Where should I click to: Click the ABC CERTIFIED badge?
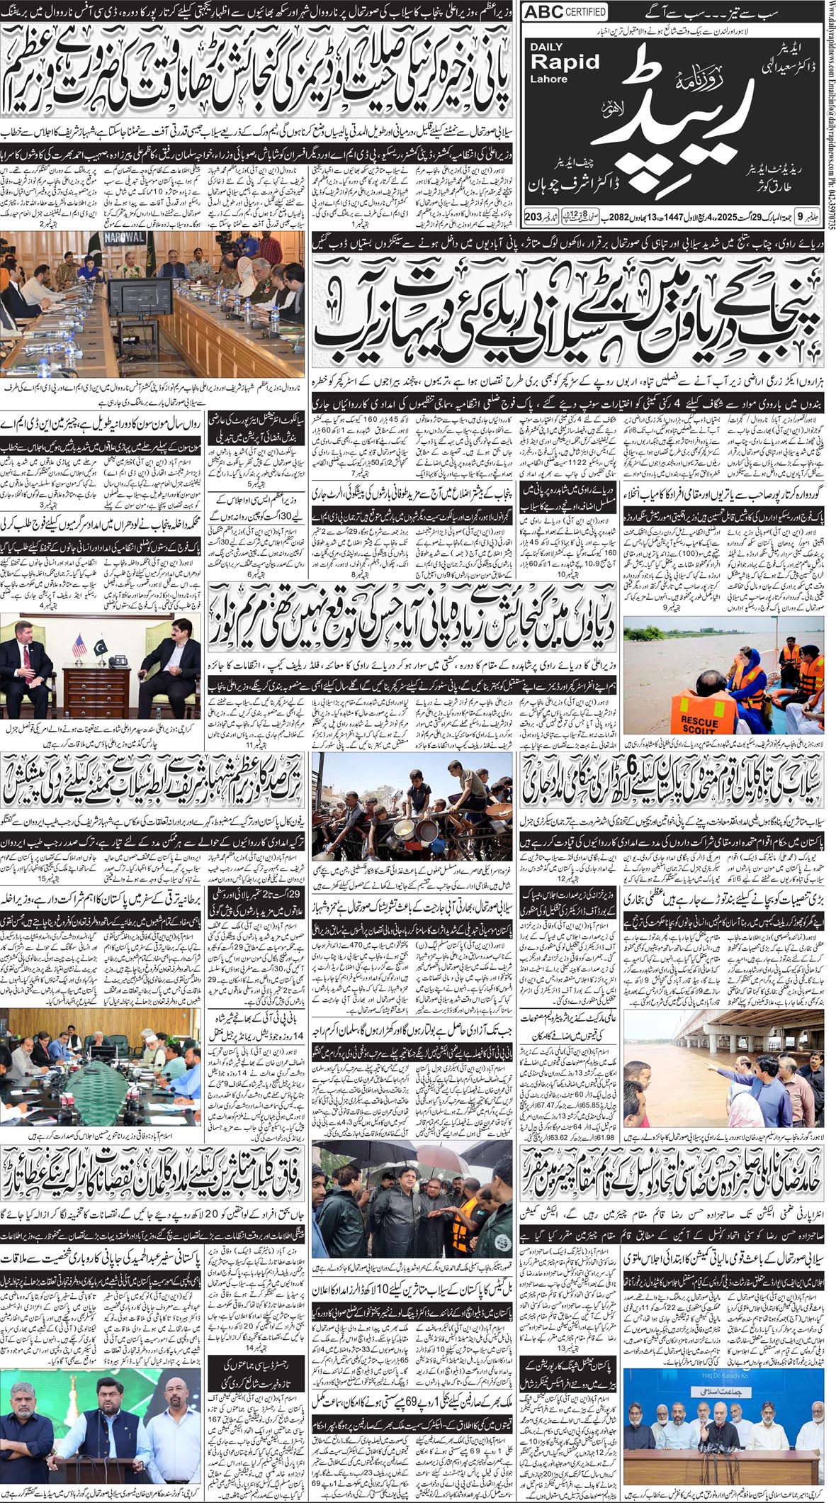tap(565, 12)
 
